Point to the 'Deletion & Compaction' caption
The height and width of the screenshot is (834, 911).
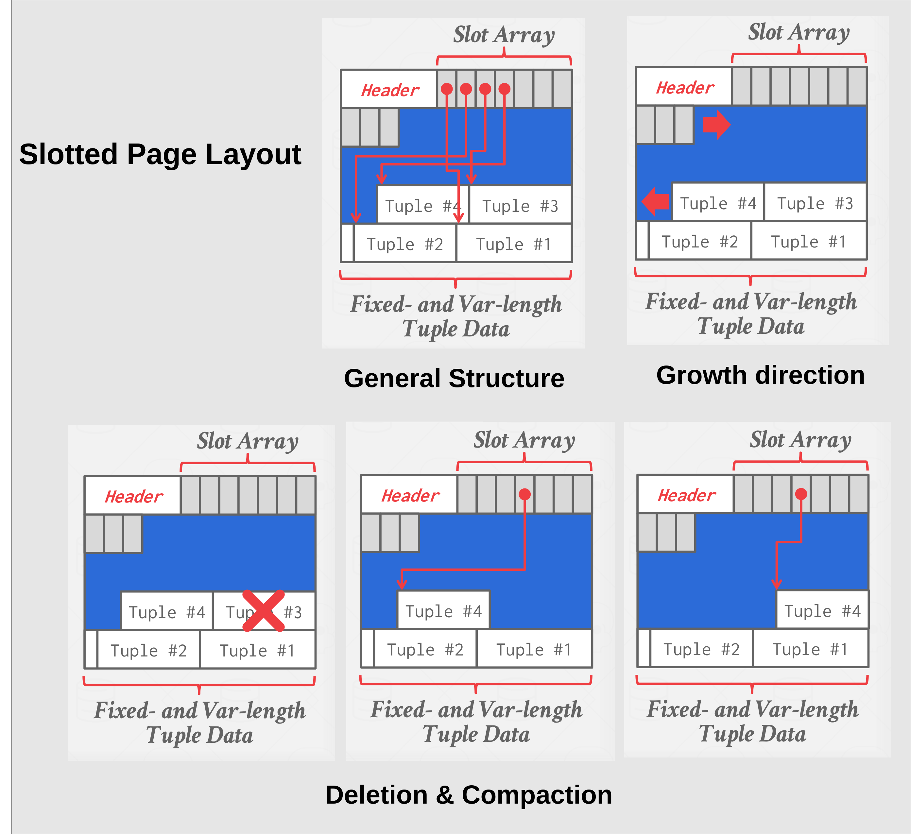click(469, 795)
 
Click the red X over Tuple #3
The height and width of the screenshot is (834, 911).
click(264, 610)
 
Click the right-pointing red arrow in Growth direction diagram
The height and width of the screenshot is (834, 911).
click(716, 124)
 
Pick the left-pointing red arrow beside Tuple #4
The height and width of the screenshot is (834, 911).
click(656, 201)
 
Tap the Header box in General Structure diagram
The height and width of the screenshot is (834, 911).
click(389, 90)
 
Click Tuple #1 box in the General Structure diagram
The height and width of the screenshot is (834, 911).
click(513, 244)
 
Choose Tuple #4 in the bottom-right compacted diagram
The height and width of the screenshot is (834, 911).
click(822, 611)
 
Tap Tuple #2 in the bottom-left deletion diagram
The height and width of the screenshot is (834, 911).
click(149, 651)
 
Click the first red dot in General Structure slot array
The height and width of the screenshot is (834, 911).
click(446, 89)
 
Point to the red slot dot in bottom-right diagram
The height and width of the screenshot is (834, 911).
click(801, 494)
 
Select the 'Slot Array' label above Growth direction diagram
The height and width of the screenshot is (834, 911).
click(799, 32)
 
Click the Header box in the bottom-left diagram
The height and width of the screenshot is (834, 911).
click(133, 496)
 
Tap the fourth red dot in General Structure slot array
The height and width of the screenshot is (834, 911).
click(504, 89)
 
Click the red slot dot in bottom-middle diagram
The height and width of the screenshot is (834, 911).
click(524, 494)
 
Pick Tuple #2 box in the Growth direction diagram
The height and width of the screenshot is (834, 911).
click(699, 241)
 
